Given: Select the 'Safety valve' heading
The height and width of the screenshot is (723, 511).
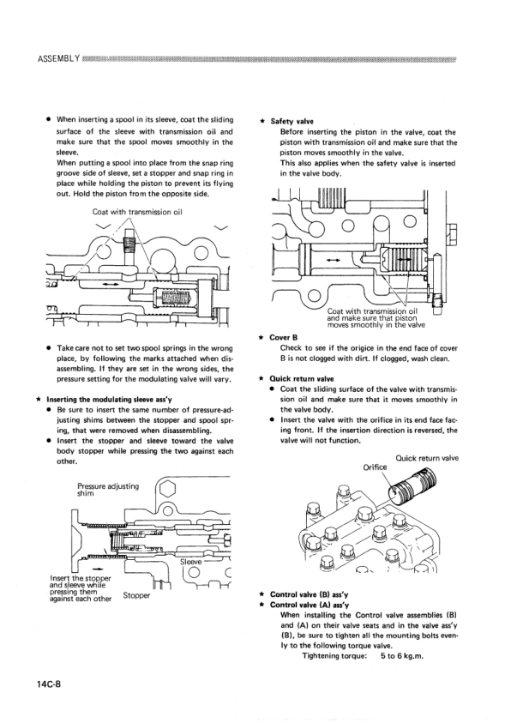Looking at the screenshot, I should click(x=292, y=122).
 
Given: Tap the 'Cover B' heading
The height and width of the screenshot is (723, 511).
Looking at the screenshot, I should click(x=284, y=337).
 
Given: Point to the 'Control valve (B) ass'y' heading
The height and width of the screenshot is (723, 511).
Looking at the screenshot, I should click(x=311, y=593).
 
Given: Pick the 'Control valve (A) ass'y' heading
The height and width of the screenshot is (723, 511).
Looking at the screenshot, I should click(x=311, y=604).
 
